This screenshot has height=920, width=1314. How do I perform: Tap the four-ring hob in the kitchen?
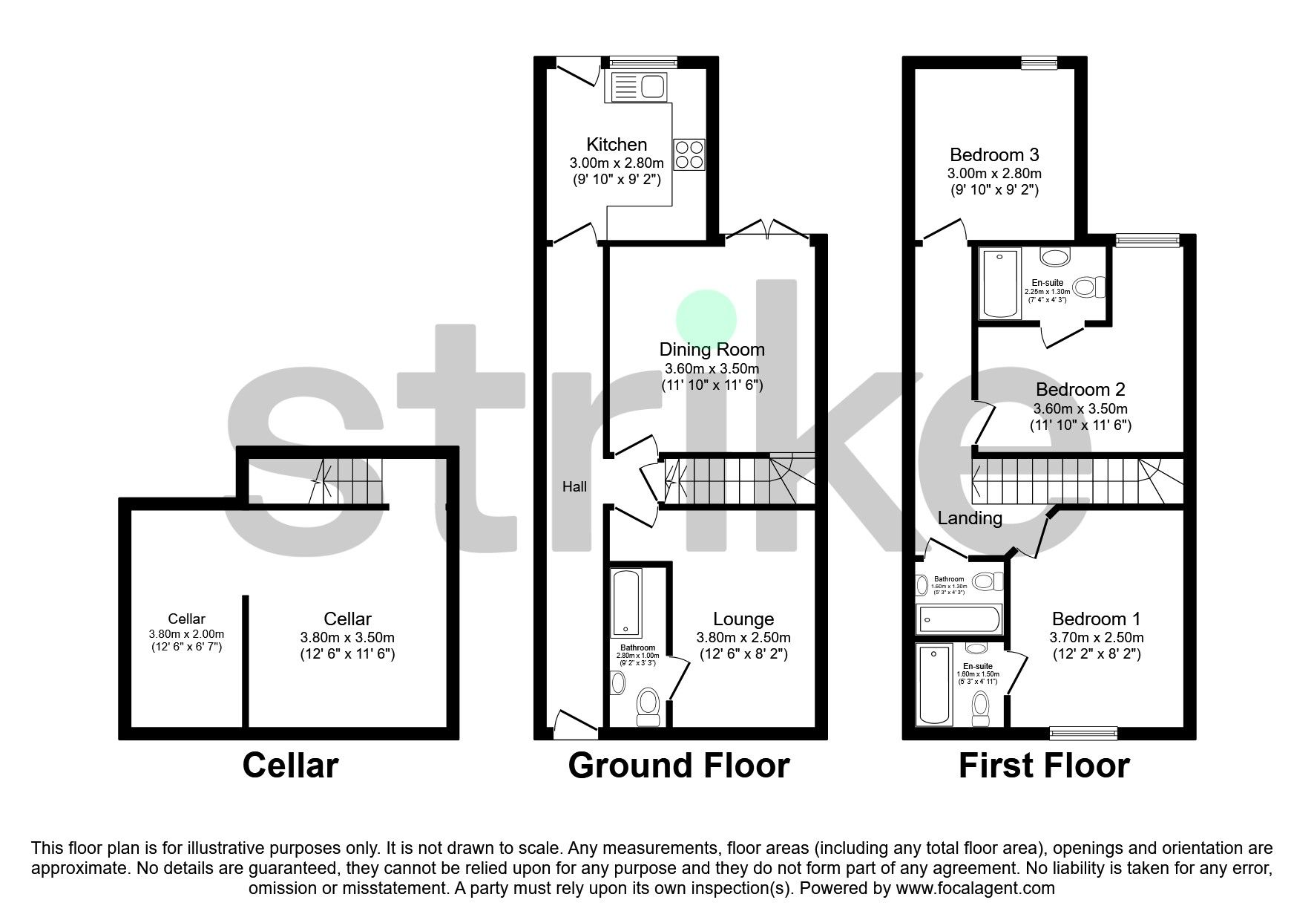(x=689, y=155)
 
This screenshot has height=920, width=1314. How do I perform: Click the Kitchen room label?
(x=616, y=144)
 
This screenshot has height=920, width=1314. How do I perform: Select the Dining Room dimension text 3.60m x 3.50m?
(x=712, y=368)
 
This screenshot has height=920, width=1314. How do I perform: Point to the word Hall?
(x=574, y=487)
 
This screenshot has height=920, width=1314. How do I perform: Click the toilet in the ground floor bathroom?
(x=648, y=705)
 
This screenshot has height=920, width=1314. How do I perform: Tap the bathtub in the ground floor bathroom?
(x=627, y=603)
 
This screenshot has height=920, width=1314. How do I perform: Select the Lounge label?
(x=743, y=619)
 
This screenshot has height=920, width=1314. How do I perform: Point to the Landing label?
(x=969, y=518)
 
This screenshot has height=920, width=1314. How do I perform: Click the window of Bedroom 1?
(x=1083, y=734)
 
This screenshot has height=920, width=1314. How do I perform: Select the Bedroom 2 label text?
(x=1080, y=389)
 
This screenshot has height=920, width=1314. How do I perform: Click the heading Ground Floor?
(x=678, y=766)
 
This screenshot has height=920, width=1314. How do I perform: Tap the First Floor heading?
(x=1043, y=766)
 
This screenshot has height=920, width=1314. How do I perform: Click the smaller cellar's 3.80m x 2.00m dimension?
(x=186, y=634)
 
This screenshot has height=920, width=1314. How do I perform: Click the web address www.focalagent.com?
(x=975, y=888)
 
